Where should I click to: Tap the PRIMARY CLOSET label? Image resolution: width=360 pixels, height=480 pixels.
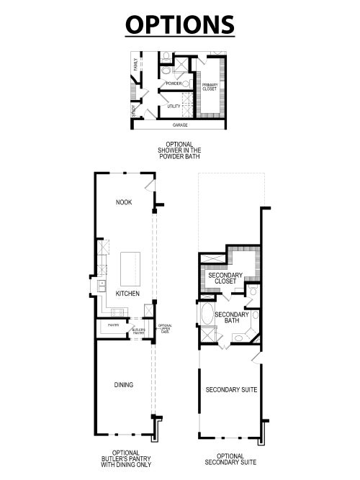click(x=210, y=87)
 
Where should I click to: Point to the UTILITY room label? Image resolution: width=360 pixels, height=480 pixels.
click(x=174, y=106)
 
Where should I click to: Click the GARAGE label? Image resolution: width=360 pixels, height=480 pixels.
click(x=180, y=124)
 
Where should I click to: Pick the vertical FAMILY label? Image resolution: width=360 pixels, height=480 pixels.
click(x=135, y=65)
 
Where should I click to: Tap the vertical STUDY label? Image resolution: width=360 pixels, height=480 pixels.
click(x=134, y=112)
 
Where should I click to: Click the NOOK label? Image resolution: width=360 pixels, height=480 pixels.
click(x=124, y=202)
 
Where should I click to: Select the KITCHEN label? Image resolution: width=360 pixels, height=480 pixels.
click(x=127, y=294)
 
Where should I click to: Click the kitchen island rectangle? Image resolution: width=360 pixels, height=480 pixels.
click(x=130, y=266)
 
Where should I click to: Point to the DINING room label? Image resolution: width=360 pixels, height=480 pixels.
click(x=123, y=384)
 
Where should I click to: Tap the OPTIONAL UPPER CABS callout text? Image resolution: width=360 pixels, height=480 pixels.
click(x=165, y=329)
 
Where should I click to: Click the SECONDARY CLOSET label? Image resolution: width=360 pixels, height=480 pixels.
click(x=225, y=278)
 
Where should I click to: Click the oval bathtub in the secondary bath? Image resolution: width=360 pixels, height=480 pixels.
click(x=207, y=314)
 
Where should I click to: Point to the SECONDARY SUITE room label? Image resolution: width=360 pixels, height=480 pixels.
click(x=231, y=390)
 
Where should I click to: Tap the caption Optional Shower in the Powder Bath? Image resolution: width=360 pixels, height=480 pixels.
click(x=179, y=150)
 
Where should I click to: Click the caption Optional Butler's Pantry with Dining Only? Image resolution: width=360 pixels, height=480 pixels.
click(x=125, y=460)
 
